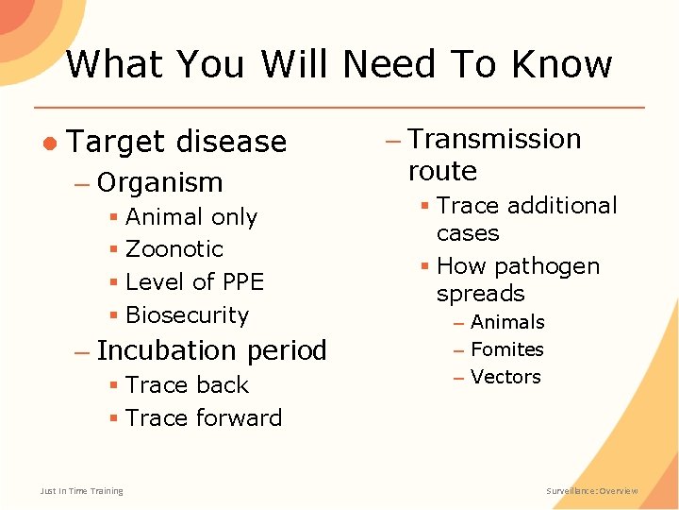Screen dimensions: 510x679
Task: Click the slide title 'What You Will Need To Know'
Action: click(x=339, y=64)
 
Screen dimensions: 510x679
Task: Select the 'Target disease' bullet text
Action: click(x=177, y=142)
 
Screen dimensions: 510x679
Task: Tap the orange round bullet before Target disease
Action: click(x=49, y=142)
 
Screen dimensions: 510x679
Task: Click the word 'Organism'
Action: click(x=159, y=182)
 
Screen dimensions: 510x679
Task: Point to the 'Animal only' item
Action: click(x=190, y=217)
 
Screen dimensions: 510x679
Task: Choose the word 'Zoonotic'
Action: click(x=174, y=249)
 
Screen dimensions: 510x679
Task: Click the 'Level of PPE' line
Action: click(x=194, y=282)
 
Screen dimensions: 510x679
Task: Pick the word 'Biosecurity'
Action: click(x=187, y=315)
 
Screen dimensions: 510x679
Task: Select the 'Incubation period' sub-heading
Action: click(x=211, y=350)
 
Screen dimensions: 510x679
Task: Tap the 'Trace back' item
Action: click(x=187, y=385)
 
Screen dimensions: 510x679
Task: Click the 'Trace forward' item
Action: click(x=203, y=418)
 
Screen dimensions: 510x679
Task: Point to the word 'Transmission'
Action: click(x=494, y=139)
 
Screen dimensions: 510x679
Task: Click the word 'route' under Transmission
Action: click(x=442, y=171)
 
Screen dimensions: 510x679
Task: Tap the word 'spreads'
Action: click(x=480, y=294)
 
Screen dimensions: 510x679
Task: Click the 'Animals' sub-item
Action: click(x=507, y=323)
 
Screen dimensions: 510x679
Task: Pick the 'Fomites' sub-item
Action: click(x=506, y=350)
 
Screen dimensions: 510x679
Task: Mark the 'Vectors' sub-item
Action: click(x=505, y=378)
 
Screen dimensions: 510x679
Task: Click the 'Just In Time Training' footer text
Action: click(x=81, y=491)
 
